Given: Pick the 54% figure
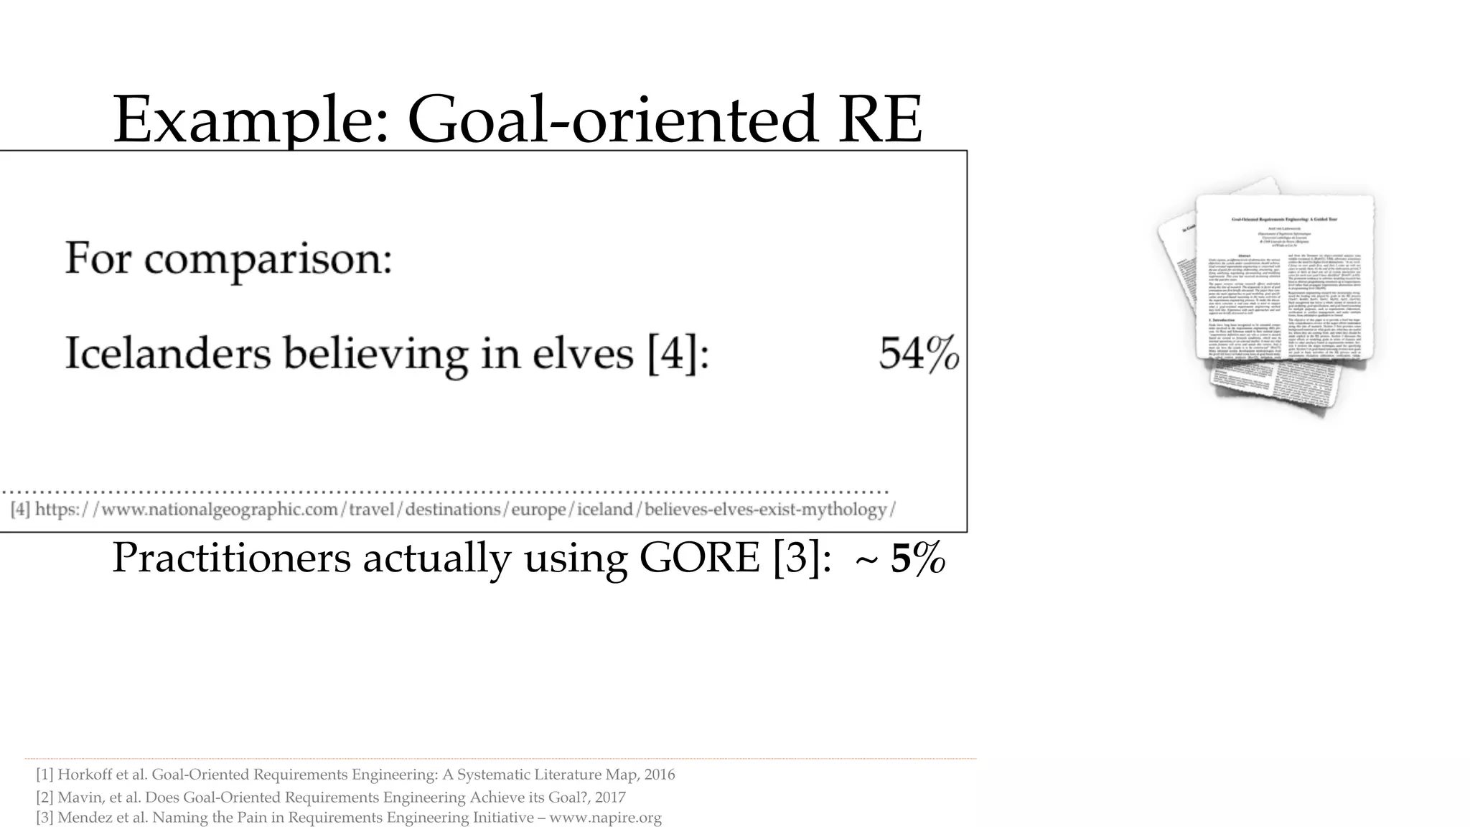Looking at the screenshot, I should (919, 354).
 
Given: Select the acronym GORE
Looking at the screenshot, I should (699, 558).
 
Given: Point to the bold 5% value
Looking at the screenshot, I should (918, 559).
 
